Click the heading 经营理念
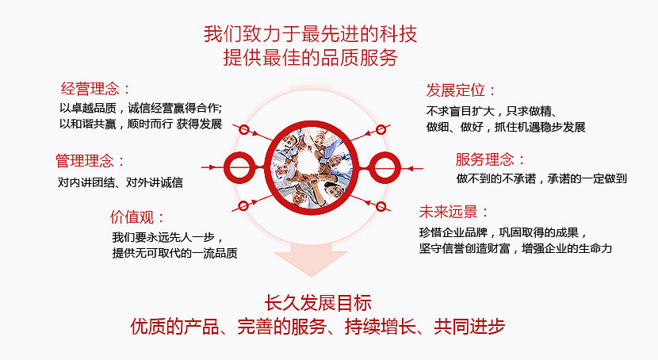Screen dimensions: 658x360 point(90,89)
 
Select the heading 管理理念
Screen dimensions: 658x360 point(85,161)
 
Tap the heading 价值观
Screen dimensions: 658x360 point(132,217)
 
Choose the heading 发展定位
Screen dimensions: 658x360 point(456,90)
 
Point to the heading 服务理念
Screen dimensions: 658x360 point(485,159)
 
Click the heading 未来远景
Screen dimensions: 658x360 point(449,212)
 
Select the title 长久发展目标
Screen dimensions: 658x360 point(318,303)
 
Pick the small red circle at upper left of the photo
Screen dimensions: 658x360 point(244,130)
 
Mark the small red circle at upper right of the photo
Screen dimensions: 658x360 point(381,130)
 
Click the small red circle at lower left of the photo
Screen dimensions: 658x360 point(243,205)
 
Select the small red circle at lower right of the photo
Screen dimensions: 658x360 point(381,206)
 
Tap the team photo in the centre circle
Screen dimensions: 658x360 point(312,168)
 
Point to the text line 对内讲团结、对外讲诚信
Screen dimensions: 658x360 point(120,182)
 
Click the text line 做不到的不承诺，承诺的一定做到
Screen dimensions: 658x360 point(541,178)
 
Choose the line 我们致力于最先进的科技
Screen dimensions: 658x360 point(311,34)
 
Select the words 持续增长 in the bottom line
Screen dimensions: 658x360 point(381,327)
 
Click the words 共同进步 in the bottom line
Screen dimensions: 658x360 point(469,327)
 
